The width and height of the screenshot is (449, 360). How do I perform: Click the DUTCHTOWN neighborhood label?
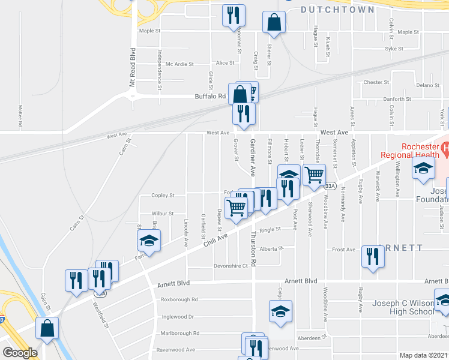[x=337, y=10]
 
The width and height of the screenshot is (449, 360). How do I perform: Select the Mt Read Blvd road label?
[x=133, y=67]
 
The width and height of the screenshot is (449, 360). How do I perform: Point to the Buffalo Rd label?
[x=209, y=96]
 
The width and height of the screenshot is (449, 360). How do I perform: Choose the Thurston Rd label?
[x=254, y=256]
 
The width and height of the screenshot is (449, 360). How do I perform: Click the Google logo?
[x=20, y=353]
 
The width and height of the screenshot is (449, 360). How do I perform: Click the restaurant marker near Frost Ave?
[x=373, y=257]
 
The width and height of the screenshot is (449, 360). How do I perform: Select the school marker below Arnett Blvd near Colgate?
[x=280, y=311]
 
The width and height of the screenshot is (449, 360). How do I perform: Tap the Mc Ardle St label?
[x=181, y=64]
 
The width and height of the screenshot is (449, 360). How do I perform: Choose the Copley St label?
[x=163, y=196]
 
